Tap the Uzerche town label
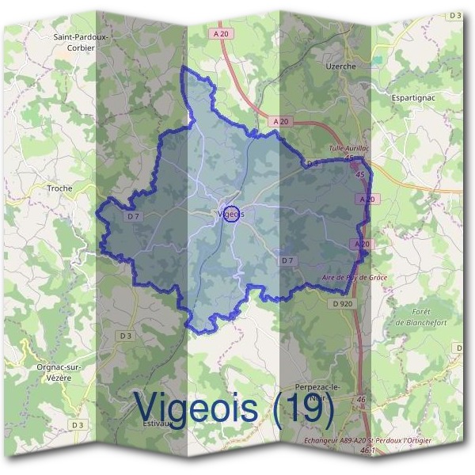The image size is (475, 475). pos(341,66)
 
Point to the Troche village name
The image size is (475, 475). pos(59,188)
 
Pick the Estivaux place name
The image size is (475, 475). pos(159,424)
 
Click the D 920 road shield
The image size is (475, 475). pos(342,303)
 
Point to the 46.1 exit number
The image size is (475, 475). pos(366,450)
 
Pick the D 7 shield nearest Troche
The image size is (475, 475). pos(131,216)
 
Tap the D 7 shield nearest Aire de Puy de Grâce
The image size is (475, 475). pos(287,260)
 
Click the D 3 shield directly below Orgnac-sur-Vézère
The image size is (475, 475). pos(77,425)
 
